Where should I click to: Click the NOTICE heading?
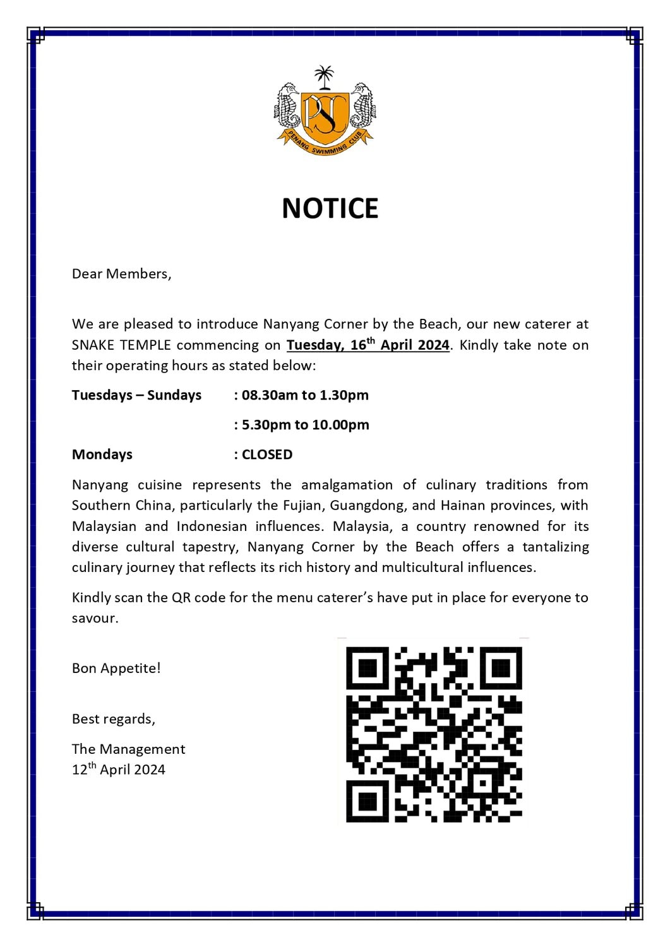(x=330, y=209)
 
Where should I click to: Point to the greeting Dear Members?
(x=121, y=274)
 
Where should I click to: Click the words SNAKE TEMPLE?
(x=121, y=345)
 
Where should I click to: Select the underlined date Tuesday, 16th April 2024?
(x=368, y=345)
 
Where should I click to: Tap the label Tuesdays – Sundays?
(x=136, y=395)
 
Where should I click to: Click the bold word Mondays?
(x=102, y=455)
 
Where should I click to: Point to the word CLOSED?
(x=267, y=455)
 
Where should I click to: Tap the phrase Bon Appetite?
(x=116, y=668)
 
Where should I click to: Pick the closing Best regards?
(x=114, y=719)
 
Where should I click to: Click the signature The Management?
(x=128, y=749)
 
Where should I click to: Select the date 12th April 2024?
(x=119, y=770)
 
